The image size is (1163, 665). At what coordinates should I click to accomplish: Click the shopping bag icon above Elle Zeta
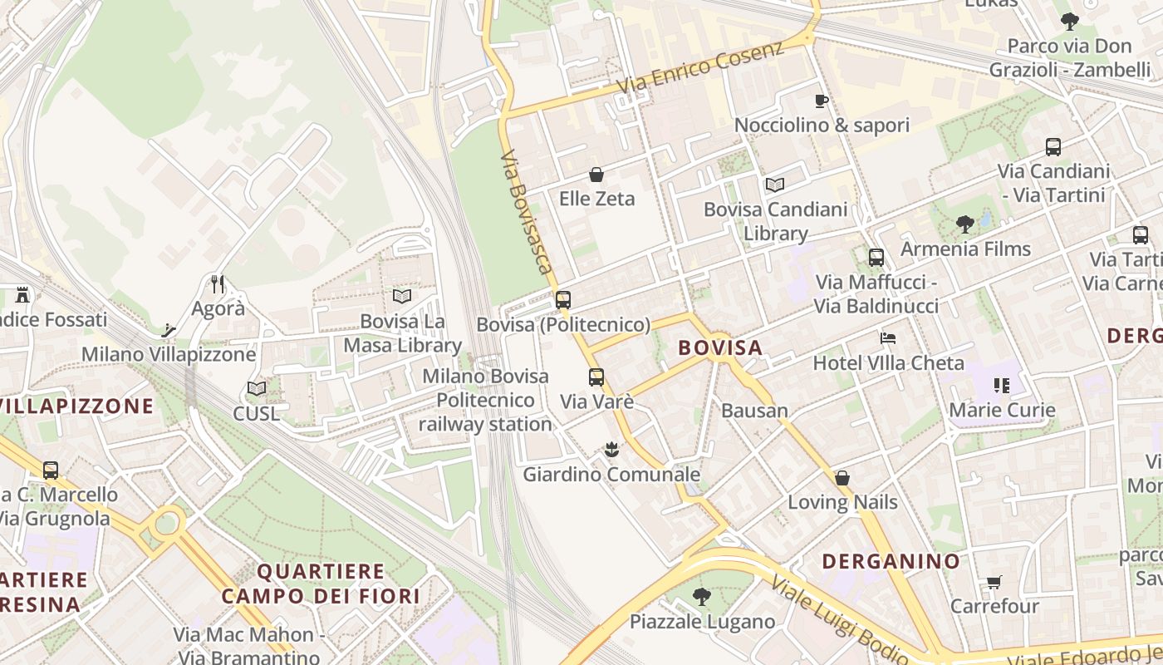(596, 175)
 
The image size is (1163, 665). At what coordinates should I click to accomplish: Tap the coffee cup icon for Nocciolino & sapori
(821, 101)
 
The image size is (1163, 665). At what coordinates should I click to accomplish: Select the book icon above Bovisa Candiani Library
(774, 185)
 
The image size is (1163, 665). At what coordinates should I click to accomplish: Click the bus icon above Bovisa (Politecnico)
(563, 300)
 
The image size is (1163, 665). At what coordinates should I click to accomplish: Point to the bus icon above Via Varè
(596, 377)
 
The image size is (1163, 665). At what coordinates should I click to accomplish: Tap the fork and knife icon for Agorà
(218, 284)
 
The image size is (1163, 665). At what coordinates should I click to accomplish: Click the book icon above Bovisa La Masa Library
(402, 296)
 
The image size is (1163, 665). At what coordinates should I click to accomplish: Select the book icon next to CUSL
(257, 388)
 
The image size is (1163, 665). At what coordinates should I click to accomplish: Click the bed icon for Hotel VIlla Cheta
(888, 338)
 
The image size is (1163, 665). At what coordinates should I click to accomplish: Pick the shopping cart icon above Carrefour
(994, 582)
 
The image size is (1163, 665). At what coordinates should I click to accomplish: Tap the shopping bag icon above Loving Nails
(842, 478)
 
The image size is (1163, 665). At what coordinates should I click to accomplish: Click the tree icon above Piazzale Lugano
(701, 596)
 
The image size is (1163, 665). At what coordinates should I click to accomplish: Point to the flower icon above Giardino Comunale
(611, 450)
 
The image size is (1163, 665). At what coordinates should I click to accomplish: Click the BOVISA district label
(720, 347)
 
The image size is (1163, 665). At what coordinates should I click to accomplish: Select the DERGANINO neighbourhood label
(891, 561)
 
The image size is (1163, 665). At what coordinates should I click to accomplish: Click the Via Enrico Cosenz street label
(699, 68)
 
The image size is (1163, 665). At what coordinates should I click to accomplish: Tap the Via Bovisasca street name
(527, 213)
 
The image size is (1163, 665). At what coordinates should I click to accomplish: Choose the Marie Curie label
(1002, 410)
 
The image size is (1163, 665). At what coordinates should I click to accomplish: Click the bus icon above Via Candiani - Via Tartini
(1053, 147)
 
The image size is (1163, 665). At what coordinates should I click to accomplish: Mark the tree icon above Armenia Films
(964, 224)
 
